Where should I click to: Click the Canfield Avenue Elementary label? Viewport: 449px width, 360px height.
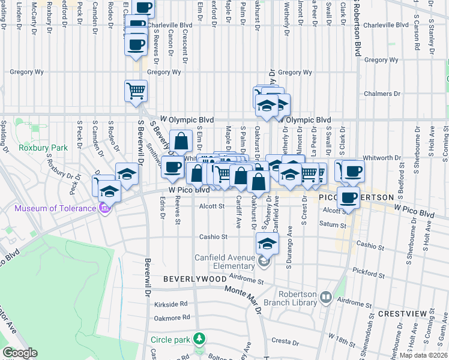224,262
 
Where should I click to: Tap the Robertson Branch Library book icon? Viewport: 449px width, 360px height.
326,296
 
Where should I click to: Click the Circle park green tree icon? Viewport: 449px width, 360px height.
200,339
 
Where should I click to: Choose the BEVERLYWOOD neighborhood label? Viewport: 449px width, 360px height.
195,280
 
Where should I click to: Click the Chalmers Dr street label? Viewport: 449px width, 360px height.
382,94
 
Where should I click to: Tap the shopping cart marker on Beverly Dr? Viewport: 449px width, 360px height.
136,91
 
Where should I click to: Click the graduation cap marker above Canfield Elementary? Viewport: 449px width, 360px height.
268,243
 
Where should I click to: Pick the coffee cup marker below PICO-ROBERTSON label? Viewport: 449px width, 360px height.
348,197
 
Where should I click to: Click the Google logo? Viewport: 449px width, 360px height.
20,353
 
